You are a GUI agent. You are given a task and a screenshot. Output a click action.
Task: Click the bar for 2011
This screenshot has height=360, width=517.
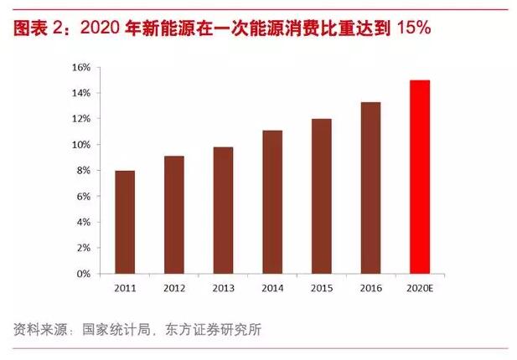124,222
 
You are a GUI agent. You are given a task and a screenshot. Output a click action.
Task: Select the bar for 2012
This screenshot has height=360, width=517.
173,214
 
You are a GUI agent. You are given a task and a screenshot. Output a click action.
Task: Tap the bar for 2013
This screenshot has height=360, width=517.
223,210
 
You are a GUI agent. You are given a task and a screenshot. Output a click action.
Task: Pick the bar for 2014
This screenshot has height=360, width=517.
272,202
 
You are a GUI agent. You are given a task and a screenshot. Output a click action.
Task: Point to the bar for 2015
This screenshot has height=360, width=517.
322,196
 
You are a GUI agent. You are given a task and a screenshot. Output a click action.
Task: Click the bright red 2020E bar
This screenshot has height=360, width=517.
421,177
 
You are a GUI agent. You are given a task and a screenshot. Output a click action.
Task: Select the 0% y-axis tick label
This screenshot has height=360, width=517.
82,274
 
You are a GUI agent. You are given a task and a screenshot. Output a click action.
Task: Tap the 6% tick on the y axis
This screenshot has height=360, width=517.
82,197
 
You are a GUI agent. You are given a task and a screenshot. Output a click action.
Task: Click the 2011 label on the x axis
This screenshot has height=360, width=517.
124,288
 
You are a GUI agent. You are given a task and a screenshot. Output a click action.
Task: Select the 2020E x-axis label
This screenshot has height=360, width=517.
421,288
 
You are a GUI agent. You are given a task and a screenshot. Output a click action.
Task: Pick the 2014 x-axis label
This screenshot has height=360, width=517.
272,288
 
